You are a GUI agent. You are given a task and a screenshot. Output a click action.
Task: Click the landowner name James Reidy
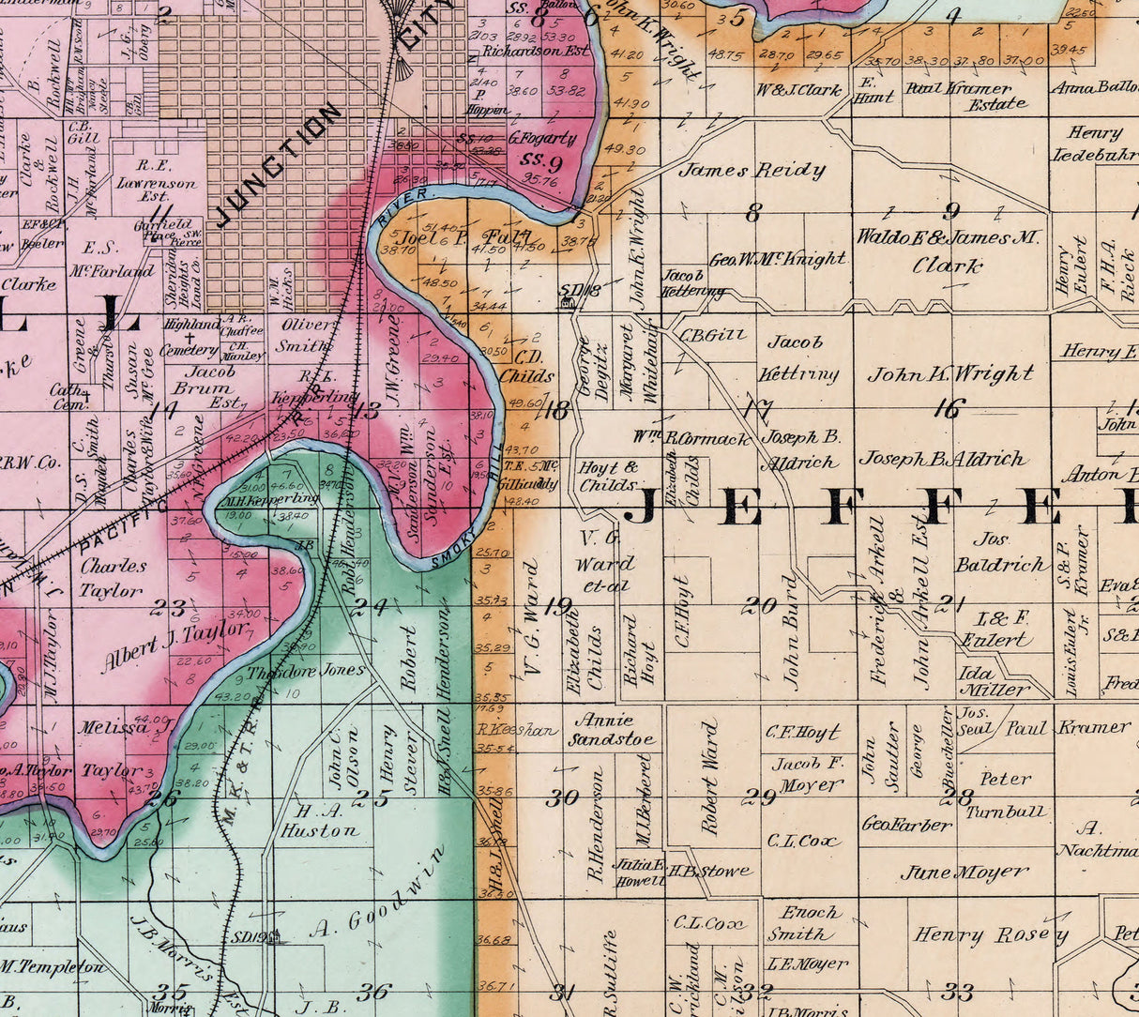tap(752, 171)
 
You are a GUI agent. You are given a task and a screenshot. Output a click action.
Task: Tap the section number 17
tap(756, 410)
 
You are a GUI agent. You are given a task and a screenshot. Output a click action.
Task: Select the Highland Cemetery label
tap(191, 337)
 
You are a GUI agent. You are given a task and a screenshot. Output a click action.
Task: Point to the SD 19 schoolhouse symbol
tap(273, 937)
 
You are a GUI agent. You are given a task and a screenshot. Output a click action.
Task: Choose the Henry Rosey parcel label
tap(991, 935)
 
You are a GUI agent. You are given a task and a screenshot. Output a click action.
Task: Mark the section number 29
tap(759, 797)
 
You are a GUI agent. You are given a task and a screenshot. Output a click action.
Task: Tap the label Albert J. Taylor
tap(175, 647)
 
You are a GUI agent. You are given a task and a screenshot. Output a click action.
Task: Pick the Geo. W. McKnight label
tap(777, 260)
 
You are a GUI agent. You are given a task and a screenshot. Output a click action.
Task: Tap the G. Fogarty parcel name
tap(542, 138)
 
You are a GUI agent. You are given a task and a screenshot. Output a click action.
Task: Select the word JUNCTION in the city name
tap(279, 166)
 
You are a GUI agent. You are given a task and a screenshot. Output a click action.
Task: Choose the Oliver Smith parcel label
tap(305, 335)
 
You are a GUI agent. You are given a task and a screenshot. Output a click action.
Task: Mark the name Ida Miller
tap(993, 681)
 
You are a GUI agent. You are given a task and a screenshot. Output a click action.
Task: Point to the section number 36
tap(373, 992)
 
